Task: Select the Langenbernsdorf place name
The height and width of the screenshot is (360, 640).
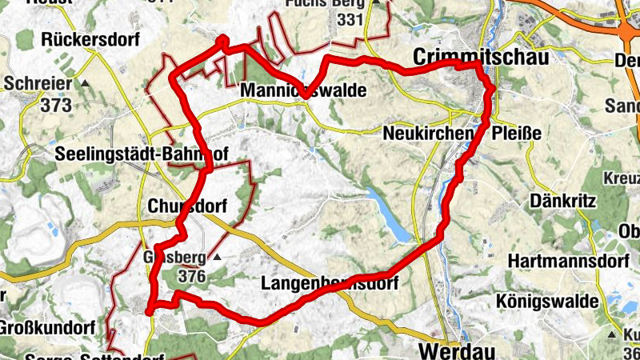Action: pos(330,283)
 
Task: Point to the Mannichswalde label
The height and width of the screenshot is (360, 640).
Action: pos(303,92)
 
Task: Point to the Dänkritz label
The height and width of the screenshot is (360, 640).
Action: pos(564,201)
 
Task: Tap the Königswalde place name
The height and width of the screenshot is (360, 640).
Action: pos(558,301)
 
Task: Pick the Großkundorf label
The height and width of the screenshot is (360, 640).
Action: pos(48,328)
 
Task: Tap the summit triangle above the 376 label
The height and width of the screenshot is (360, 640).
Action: pos(215,258)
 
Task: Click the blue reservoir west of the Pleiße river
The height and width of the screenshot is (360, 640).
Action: pos(390,214)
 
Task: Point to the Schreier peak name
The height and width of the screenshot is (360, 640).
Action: pos(39,82)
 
